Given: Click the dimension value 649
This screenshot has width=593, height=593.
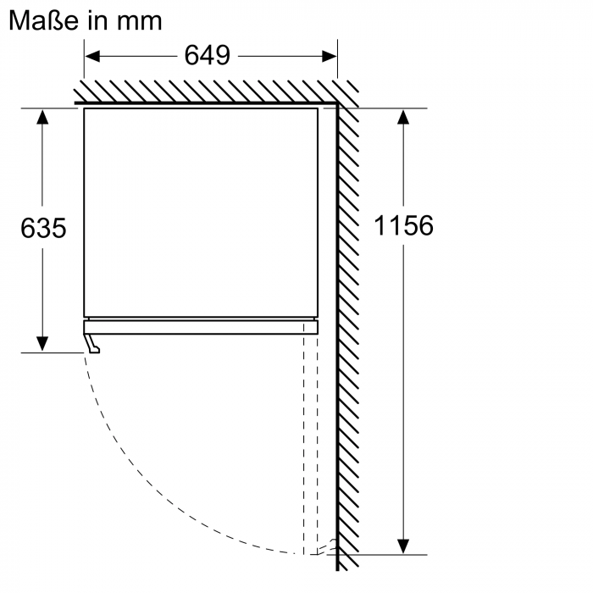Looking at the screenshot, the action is [x=208, y=56].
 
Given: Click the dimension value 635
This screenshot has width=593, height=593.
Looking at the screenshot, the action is [x=43, y=228].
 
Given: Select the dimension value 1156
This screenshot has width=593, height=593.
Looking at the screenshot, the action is [x=403, y=226].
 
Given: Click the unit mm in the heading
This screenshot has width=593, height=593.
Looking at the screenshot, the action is [x=139, y=22].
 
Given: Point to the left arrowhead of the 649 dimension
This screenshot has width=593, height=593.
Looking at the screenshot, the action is [x=92, y=57].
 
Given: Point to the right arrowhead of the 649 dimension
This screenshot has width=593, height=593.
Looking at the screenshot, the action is [x=329, y=57].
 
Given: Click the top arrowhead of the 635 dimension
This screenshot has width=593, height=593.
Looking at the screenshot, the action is [x=42, y=117].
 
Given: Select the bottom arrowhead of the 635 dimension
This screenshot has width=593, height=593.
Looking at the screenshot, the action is [x=42, y=344].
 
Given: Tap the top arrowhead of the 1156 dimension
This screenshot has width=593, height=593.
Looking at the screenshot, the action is [x=403, y=117].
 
